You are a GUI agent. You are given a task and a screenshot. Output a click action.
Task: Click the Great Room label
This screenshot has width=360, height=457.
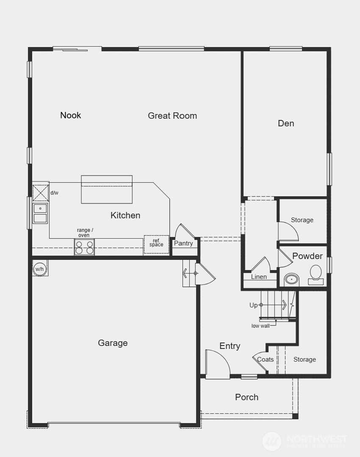point(172,116)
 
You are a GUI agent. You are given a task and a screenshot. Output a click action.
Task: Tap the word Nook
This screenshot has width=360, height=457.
point(71,115)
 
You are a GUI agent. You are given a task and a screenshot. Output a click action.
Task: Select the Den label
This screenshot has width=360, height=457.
point(286,123)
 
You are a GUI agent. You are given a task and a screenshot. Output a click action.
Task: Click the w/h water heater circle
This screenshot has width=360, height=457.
point(39,269)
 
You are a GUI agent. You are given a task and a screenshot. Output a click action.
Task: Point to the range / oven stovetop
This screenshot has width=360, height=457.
point(84,247)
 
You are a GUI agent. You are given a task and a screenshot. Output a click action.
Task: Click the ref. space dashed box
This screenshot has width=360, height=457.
point(156,244)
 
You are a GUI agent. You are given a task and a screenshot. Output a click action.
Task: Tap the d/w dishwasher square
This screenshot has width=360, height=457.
point(41,193)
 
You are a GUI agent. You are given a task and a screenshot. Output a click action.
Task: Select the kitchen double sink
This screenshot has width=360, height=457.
point(40,213)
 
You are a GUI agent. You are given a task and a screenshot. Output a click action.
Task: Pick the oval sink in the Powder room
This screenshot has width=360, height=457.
point(291,280)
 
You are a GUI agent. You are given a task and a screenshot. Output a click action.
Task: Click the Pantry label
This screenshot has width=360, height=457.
point(183,243)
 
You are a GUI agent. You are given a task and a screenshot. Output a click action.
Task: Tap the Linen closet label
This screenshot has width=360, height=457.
point(259,277)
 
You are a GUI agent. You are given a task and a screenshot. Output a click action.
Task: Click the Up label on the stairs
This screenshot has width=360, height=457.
point(253,305)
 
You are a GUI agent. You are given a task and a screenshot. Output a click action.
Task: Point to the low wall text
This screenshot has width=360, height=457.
point(261,326)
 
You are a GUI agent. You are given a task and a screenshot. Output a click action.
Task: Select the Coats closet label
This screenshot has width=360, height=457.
point(266,359)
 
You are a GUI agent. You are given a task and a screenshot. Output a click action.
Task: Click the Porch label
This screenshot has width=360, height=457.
point(246,397)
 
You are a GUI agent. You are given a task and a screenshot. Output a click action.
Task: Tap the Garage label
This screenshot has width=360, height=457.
point(113,343)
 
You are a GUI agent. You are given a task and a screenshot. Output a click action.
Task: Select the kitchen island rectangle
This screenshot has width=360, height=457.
point(107,189)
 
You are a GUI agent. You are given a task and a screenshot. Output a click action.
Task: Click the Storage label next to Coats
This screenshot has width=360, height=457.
point(305,359)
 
